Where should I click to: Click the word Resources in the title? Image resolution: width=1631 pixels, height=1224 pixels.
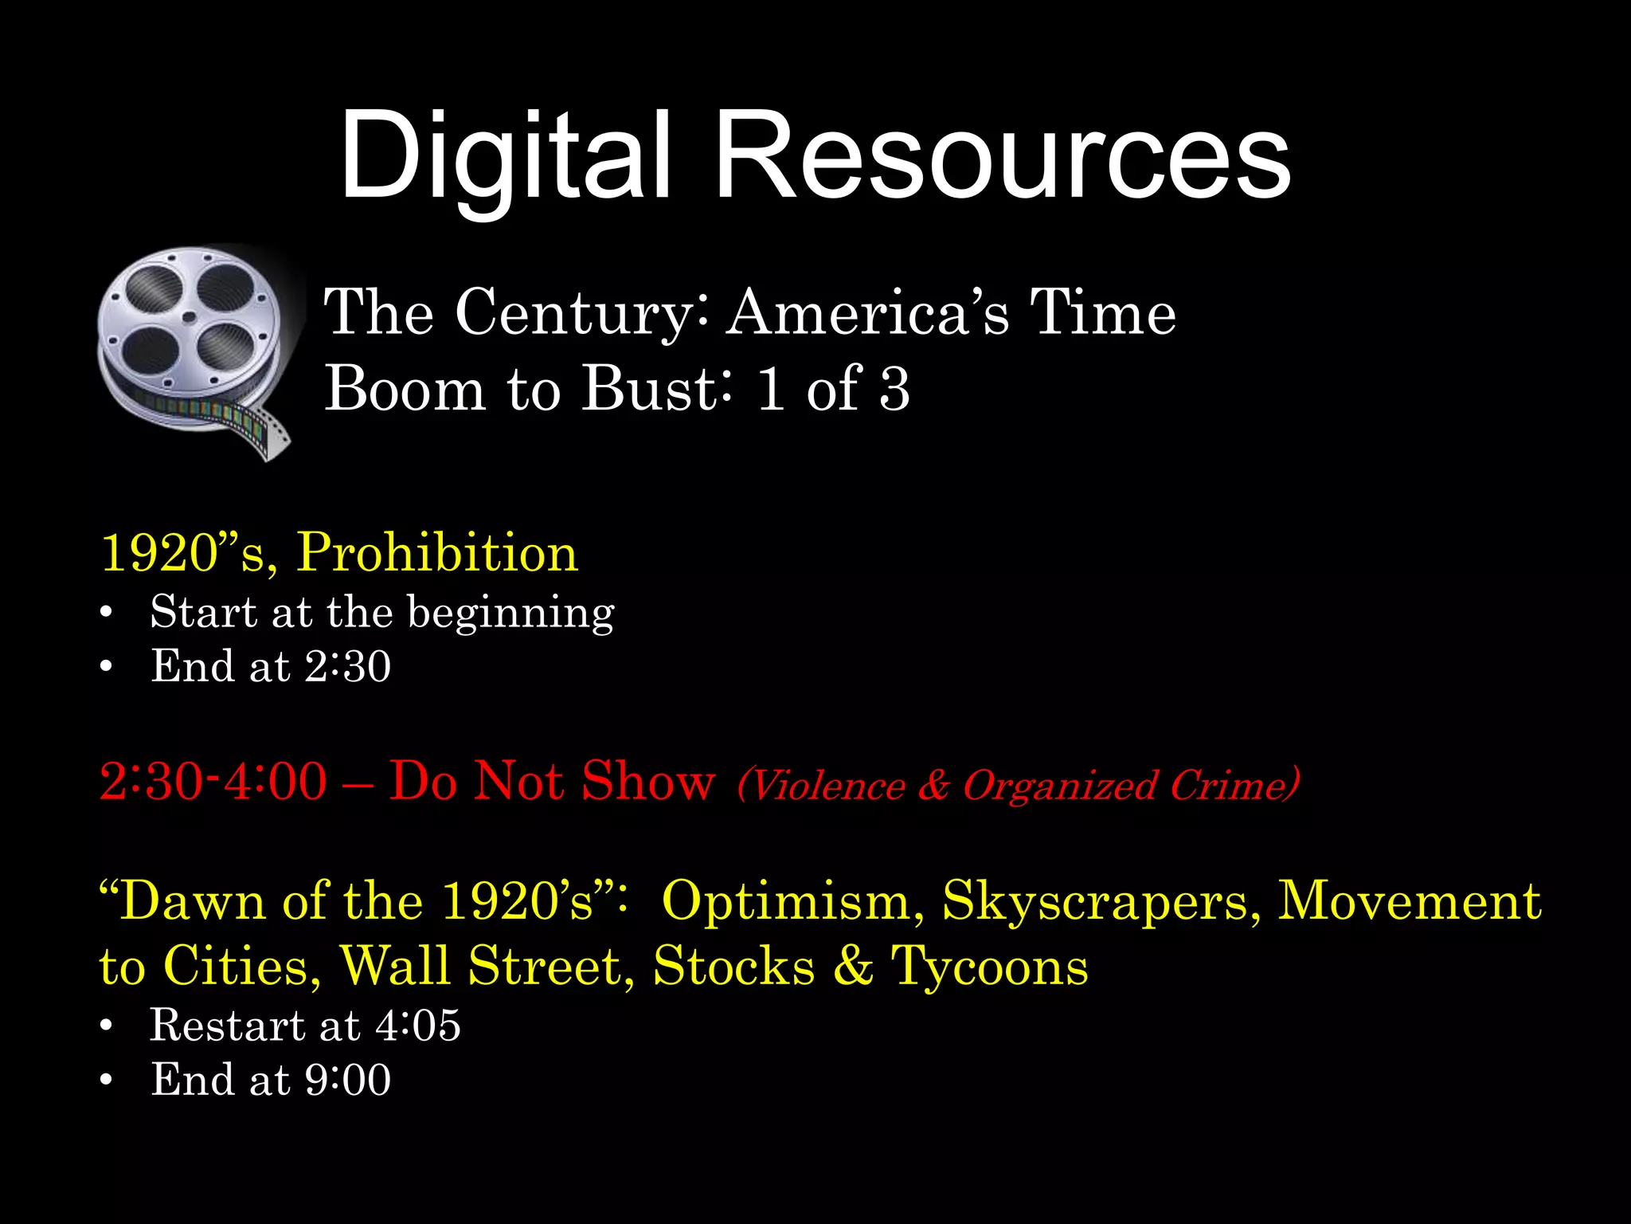[x=1002, y=155]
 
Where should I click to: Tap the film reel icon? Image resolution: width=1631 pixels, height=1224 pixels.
[x=195, y=351]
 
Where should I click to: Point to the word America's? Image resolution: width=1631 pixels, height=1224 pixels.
[x=868, y=312]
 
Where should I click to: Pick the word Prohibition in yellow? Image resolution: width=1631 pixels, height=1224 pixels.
[x=437, y=552]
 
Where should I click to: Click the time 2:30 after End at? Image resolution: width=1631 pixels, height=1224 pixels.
[x=348, y=666]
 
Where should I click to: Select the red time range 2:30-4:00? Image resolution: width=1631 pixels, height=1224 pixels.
[x=213, y=781]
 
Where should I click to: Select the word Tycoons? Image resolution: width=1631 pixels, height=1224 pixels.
[x=990, y=967]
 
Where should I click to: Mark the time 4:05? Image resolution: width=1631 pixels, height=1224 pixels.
[x=418, y=1026]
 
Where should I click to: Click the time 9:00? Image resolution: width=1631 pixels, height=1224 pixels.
[x=348, y=1081]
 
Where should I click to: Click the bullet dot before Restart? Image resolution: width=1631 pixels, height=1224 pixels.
[x=106, y=1026]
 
